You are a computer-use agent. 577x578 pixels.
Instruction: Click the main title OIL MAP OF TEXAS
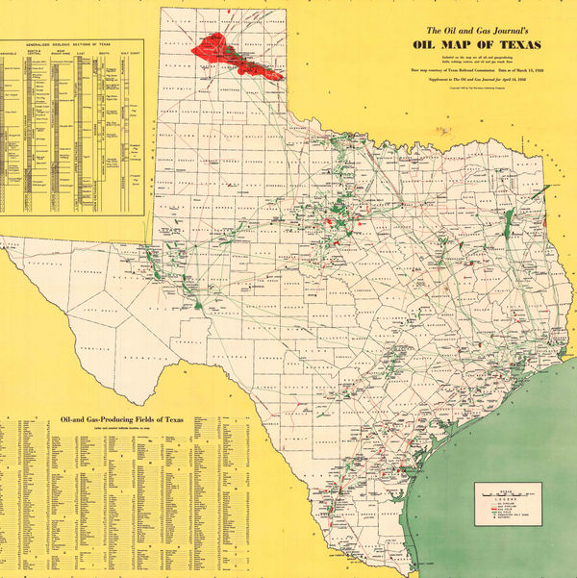click(x=476, y=45)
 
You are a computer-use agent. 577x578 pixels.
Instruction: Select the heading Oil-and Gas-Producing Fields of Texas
click(x=121, y=420)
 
